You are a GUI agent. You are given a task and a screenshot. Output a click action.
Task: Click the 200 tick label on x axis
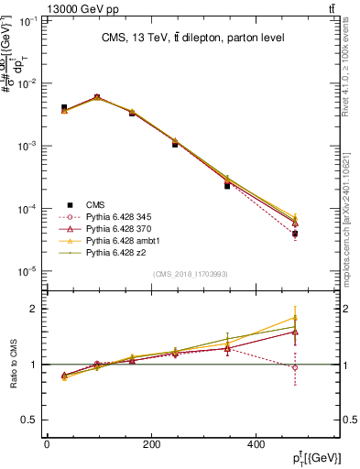point(151,444)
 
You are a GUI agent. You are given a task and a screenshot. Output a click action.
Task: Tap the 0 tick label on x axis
point(47,444)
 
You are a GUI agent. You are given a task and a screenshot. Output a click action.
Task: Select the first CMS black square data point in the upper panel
point(64,107)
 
